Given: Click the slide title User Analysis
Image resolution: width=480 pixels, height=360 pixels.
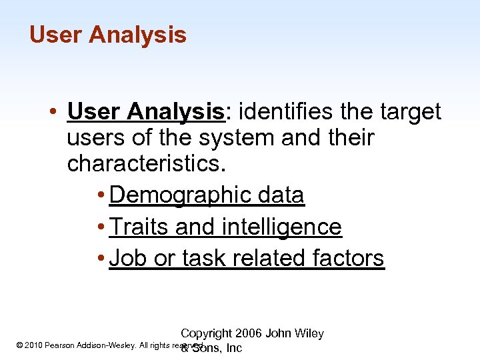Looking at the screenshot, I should pyautogui.click(x=108, y=35).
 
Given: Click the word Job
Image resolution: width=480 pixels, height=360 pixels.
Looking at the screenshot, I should pyautogui.click(x=129, y=258).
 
